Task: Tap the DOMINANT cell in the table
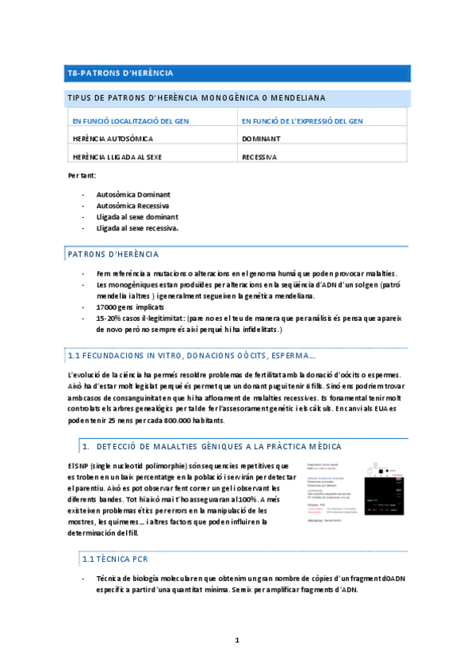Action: tap(261, 138)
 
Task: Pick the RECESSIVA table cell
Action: tap(259, 157)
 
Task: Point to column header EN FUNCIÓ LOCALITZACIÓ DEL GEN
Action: tap(130, 121)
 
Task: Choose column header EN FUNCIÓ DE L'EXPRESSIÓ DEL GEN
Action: tap(302, 121)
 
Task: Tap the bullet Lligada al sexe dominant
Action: tap(137, 216)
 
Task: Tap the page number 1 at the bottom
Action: tap(236, 640)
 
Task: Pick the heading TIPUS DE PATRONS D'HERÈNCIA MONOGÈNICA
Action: tap(195, 98)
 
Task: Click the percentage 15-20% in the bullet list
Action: tap(108, 317)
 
